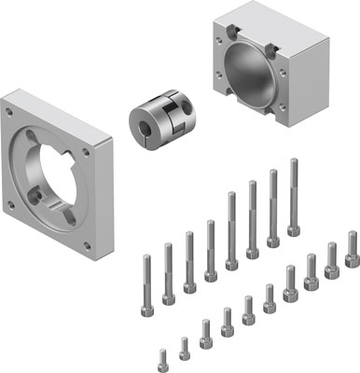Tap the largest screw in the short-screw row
pyautogui.click(x=353, y=249)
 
